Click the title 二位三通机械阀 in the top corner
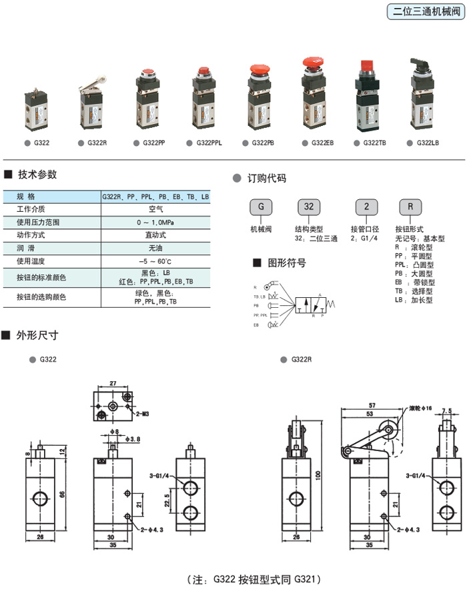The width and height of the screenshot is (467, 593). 425,12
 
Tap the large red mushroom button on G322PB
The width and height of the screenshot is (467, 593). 258,69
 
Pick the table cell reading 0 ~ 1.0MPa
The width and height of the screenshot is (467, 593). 155,221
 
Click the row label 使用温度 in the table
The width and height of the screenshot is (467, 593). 33,260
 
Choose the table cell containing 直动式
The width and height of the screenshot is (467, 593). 155,234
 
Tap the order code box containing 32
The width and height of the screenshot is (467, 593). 308,207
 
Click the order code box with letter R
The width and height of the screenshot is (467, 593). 410,207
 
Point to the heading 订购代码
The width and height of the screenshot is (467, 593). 266,179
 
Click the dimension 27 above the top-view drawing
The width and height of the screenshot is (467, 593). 112,384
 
